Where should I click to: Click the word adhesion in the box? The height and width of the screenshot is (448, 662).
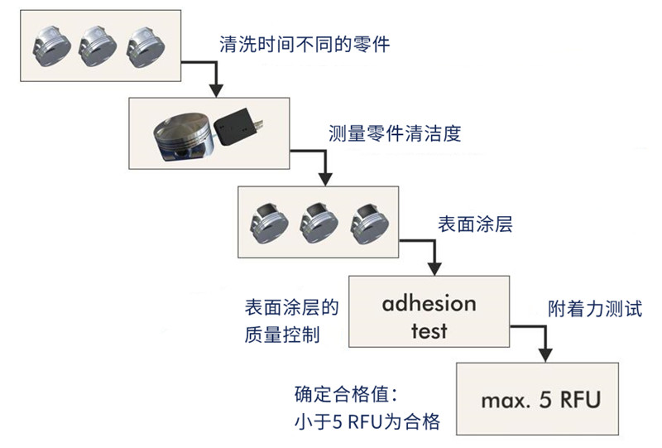pos(429,303)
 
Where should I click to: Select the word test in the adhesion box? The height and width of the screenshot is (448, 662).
pos(429,331)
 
